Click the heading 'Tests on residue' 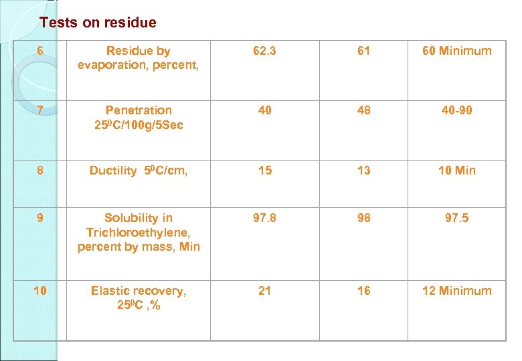point(98,23)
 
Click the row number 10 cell point(41,291)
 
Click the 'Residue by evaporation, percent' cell point(139,57)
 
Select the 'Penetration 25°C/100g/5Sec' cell point(139,118)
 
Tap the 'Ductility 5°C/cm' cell point(139,170)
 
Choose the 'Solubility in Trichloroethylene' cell point(139,232)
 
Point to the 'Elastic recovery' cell point(139,298)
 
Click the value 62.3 point(265,51)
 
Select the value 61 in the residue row point(363,51)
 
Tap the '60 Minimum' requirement point(456,51)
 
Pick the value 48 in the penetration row point(363,110)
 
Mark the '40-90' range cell point(456,110)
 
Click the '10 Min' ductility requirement point(456,170)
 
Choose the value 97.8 point(265,218)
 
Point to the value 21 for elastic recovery point(265,291)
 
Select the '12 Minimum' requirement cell point(456,291)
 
